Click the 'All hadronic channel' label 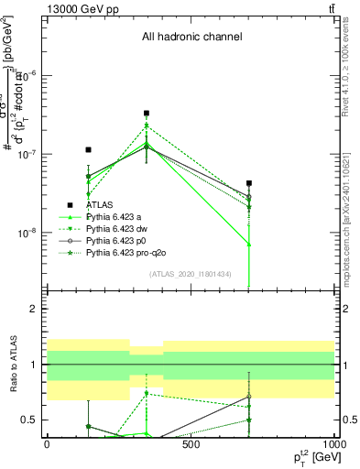(191, 38)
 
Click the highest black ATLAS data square (147, 114)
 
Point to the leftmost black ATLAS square (88, 149)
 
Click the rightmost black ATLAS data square (249, 184)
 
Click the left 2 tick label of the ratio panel (33, 309)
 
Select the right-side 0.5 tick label (349, 420)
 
